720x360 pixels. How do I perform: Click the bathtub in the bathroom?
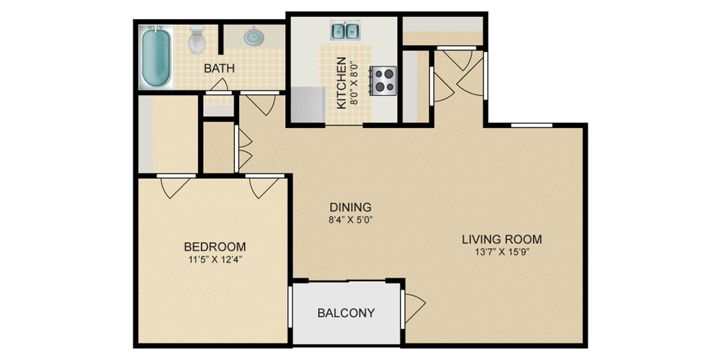156,57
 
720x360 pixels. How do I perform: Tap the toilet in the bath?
196,40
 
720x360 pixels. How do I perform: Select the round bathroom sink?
254,37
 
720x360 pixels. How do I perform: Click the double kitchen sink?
345,30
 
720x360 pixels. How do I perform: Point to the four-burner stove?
383,81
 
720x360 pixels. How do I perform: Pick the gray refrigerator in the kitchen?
308,104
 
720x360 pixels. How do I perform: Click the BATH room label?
219,68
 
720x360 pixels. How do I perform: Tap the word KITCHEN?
341,83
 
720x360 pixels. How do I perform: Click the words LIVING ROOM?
502,240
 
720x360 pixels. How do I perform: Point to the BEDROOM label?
215,247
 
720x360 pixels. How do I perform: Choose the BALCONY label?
346,313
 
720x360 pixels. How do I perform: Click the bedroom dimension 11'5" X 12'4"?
215,259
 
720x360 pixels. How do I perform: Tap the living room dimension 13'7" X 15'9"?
502,252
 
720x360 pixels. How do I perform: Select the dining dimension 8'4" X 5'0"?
351,220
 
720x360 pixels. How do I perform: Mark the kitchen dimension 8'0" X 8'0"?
354,83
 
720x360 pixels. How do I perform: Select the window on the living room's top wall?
532,125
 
